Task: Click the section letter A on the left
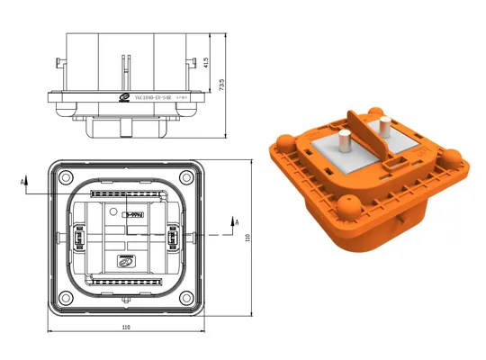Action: coord(20,181)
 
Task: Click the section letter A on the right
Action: coord(236,220)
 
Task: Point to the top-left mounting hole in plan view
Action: coord(61,175)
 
